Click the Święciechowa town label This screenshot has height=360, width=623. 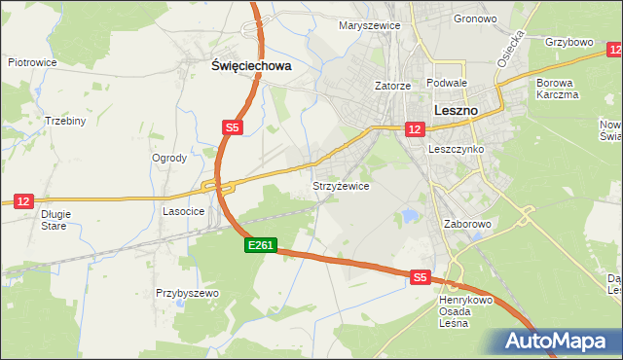[x=251, y=66]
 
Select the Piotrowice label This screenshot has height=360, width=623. [x=32, y=62]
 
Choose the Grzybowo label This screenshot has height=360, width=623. [x=569, y=43]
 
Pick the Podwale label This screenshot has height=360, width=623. [x=448, y=85]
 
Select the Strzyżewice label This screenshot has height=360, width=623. [x=340, y=185]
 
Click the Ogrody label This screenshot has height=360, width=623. [x=169, y=158]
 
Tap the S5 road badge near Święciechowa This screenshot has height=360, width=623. [x=232, y=127]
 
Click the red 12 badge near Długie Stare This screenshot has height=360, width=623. [x=24, y=200]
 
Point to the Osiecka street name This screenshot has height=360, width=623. [x=511, y=48]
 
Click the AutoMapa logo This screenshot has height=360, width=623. [x=558, y=341]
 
